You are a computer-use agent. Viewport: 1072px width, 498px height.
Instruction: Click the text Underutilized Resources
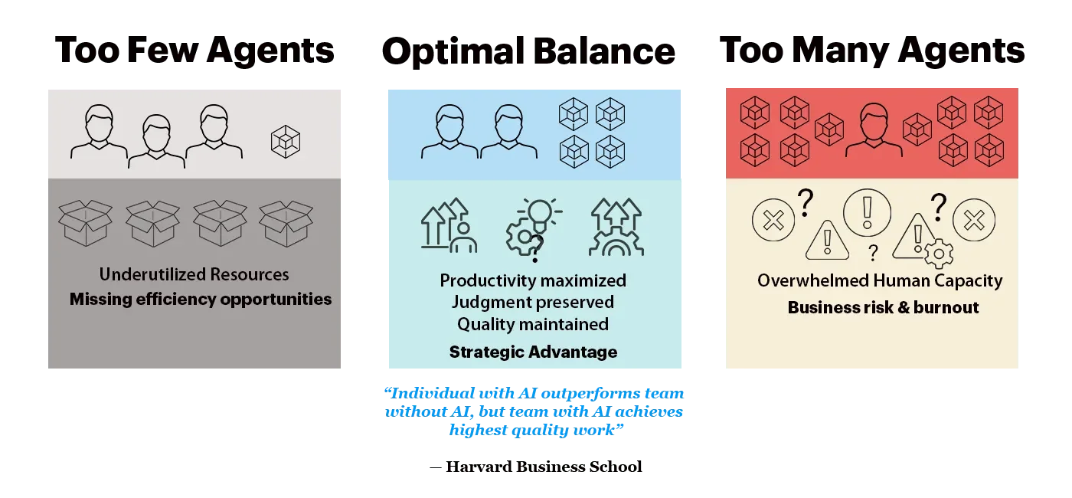pyautogui.click(x=194, y=274)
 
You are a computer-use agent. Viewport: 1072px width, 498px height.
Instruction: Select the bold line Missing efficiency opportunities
pyautogui.click(x=201, y=300)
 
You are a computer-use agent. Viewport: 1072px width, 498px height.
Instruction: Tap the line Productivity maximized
pyautogui.click(x=533, y=280)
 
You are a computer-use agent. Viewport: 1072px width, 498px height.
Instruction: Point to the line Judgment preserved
pyautogui.click(x=533, y=302)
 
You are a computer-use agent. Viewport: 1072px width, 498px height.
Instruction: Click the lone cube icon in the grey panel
pyautogui.click(x=286, y=142)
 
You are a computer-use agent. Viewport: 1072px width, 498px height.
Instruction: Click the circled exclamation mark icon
pyautogui.click(x=867, y=209)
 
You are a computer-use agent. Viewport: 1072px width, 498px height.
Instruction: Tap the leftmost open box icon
pyautogui.click(x=85, y=223)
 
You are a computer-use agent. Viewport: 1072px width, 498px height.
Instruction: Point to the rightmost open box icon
pyautogui.click(x=286, y=223)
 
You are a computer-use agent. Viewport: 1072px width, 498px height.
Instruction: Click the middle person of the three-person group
pyautogui.click(x=156, y=142)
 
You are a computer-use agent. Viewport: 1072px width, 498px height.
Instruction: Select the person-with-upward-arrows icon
pyautogui.click(x=449, y=226)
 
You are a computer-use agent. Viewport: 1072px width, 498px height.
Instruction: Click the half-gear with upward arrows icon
pyautogui.click(x=616, y=227)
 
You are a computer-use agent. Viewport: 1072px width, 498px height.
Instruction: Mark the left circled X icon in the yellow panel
pyautogui.click(x=774, y=221)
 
